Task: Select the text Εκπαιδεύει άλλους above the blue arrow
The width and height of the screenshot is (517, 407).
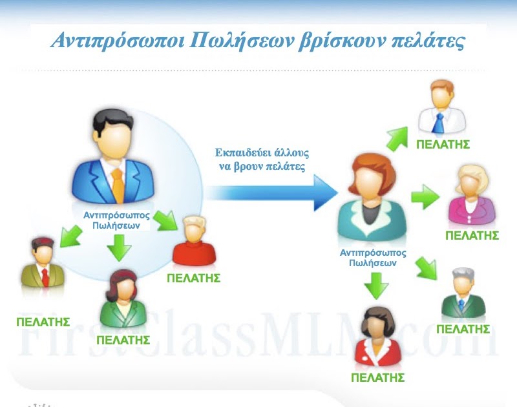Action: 262,153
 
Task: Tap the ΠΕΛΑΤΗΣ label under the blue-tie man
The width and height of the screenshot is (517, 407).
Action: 443,144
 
